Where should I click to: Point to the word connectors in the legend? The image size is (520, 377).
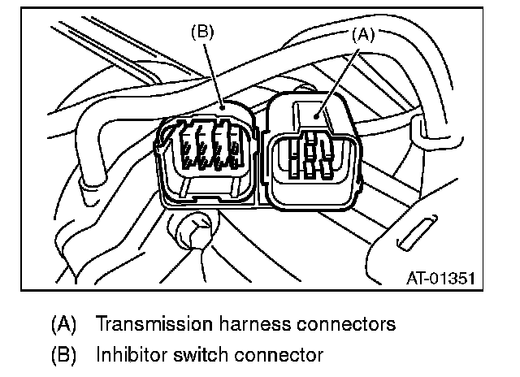coord(341,324)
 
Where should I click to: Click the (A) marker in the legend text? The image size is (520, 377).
coord(63,324)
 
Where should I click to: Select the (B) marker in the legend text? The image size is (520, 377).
coord(63,355)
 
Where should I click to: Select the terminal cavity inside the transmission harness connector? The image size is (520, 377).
coord(310,159)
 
